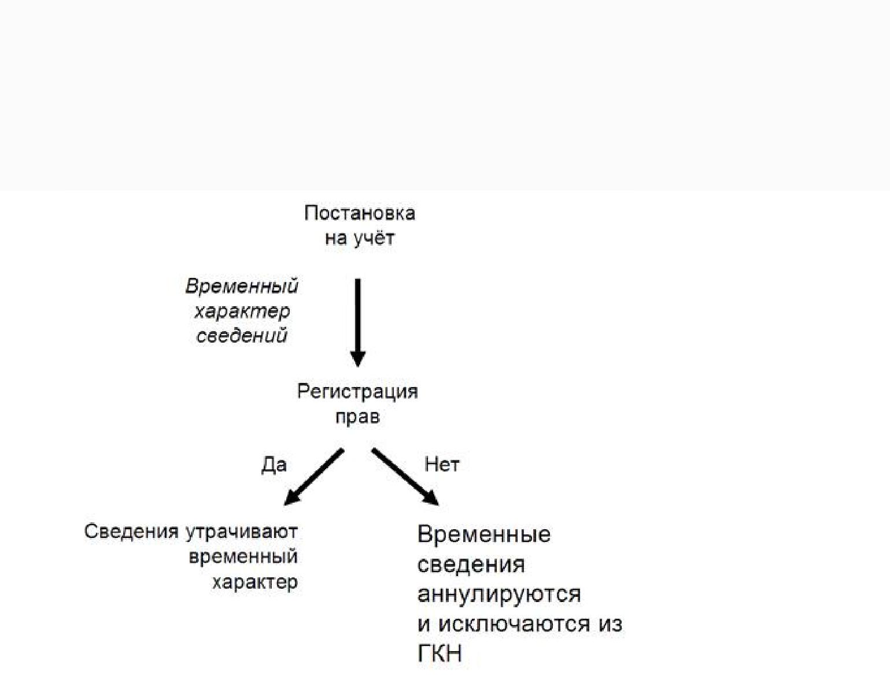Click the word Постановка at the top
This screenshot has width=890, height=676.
pos(359,214)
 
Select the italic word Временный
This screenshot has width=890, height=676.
pos(242,287)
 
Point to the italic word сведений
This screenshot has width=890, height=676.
pos(242,336)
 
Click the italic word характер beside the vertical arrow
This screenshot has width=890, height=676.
pos(242,311)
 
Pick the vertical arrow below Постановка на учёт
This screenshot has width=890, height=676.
pos(358,321)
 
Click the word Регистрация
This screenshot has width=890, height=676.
pos(357,392)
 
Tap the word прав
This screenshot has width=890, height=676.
pos(357,417)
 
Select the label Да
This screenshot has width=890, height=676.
pos(274,465)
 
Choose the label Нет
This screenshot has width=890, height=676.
pos(442,464)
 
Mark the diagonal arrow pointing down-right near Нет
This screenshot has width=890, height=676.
pos(405,477)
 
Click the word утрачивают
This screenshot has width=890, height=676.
pos(242,532)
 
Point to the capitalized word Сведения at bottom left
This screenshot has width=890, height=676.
pos(131,532)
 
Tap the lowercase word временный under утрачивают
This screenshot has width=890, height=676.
pos(243,556)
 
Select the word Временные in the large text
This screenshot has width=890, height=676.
pos(483,534)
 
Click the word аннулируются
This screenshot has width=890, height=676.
pos(498,594)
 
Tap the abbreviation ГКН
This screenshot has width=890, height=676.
pos(440,653)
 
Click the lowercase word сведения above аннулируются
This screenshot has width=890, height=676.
pos(471,564)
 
